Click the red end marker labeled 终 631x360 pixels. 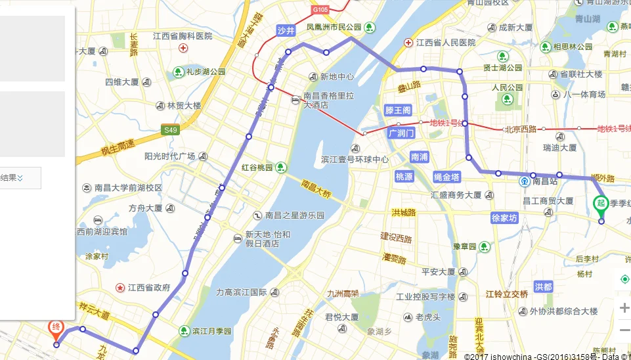[x=57, y=327]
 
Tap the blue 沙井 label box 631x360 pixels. [x=286, y=30]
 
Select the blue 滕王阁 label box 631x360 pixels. [x=398, y=110]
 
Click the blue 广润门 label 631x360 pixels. [x=401, y=133]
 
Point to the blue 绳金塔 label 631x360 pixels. [x=447, y=177]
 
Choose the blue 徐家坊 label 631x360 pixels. [x=504, y=218]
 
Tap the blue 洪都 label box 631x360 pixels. [x=544, y=287]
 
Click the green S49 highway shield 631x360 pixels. [x=171, y=131]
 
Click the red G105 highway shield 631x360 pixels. [x=320, y=10]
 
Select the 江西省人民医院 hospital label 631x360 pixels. [x=445, y=43]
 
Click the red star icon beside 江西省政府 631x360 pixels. [x=120, y=288]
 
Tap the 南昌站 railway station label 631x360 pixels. [x=544, y=181]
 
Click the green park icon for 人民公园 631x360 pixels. [x=506, y=99]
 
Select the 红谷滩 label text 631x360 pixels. [x=257, y=168]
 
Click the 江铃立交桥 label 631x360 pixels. [x=506, y=294]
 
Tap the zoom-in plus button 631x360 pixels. [x=624, y=308]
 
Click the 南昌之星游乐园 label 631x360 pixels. [x=295, y=215]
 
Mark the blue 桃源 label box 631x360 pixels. [x=404, y=177]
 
